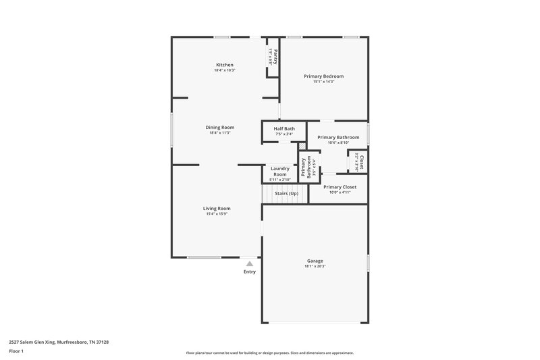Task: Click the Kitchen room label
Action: (224, 65)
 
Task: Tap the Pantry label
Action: (276, 55)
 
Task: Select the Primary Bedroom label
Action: (323, 76)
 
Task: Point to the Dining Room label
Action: (220, 127)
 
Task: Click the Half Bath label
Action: (283, 128)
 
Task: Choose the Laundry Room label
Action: (279, 172)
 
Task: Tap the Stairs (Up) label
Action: (286, 193)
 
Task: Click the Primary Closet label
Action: (340, 186)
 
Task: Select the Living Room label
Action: (217, 209)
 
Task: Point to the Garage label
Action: (315, 261)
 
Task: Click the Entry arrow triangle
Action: (250, 264)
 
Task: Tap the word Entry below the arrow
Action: (250, 272)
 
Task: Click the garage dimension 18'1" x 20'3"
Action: (315, 266)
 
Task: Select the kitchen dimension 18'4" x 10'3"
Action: (224, 70)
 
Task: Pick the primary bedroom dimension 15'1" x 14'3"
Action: (323, 82)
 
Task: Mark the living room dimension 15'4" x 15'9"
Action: (217, 214)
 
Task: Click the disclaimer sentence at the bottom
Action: (269, 353)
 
